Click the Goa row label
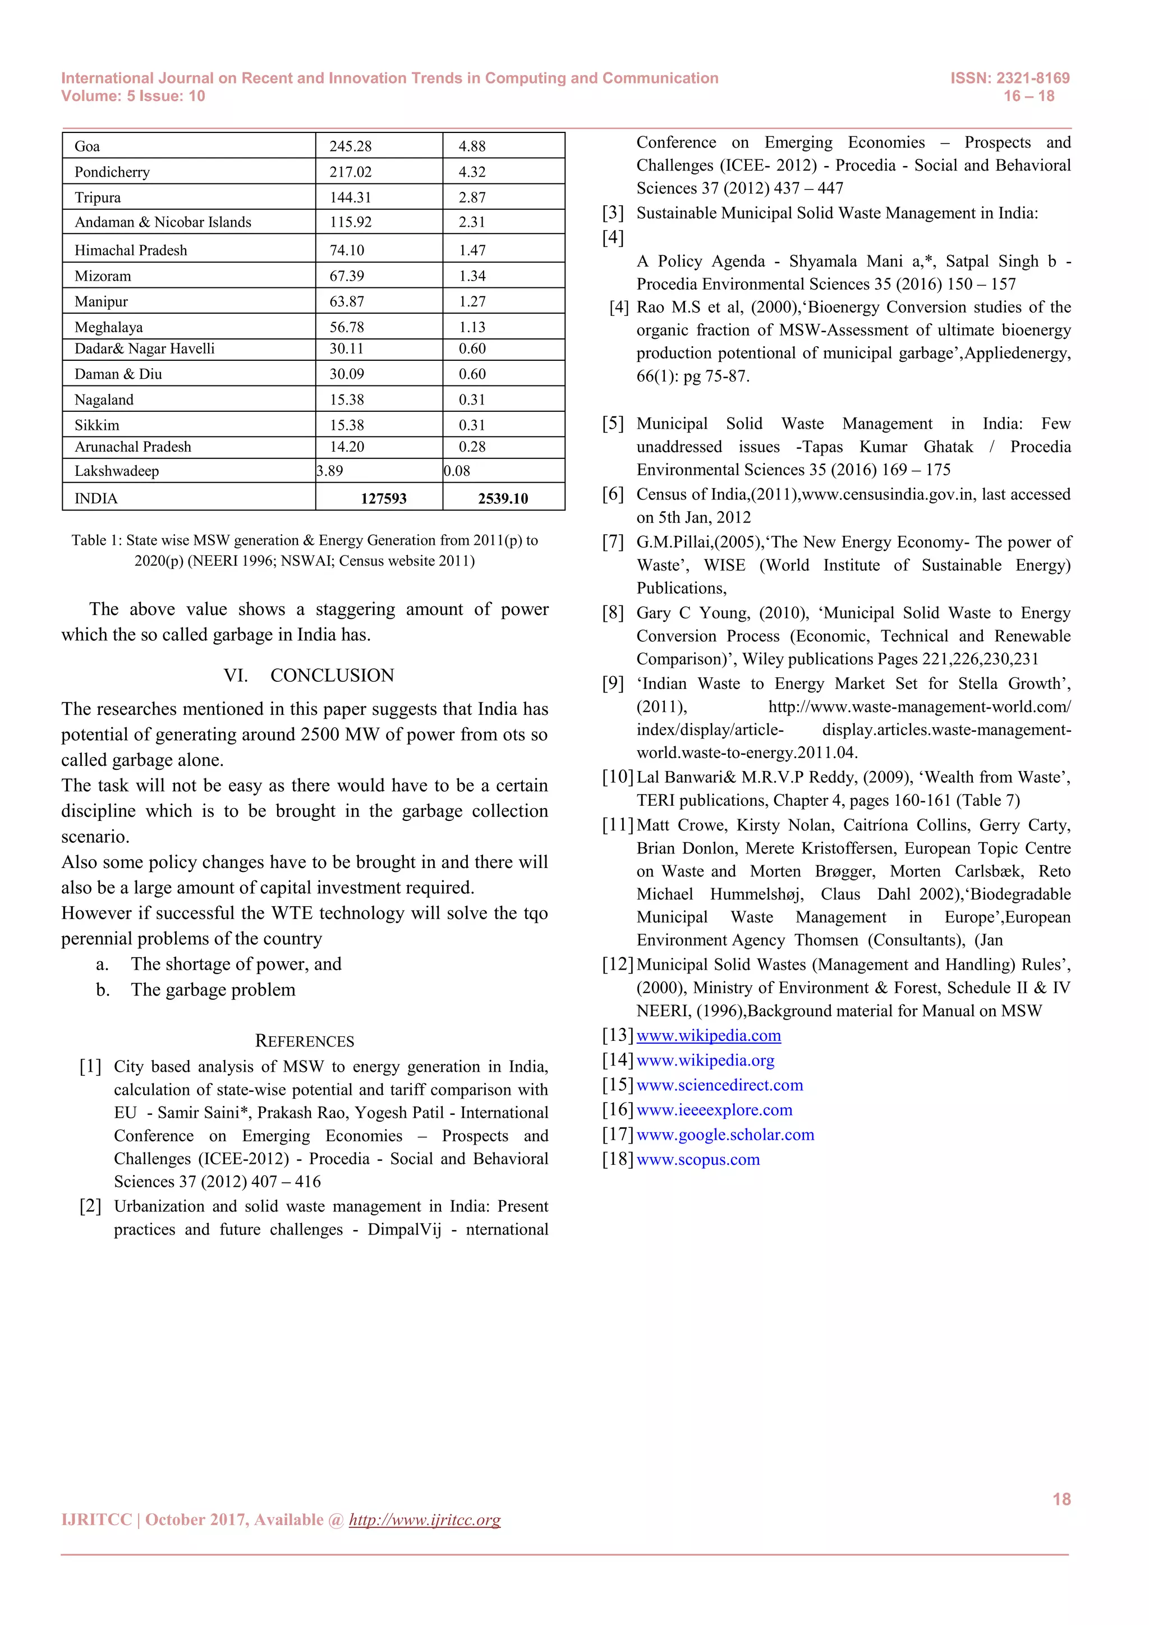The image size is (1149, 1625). [x=87, y=146]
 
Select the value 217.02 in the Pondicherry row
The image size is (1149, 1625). [x=350, y=172]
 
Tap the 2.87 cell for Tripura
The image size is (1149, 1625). [x=472, y=198]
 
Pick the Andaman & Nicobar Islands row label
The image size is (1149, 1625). [x=163, y=222]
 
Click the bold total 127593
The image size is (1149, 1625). [x=384, y=498]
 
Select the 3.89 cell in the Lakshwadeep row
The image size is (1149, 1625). [x=330, y=471]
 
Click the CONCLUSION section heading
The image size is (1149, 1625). [x=332, y=675]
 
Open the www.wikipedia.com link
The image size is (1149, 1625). [x=708, y=1035]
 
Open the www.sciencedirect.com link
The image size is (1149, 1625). [x=720, y=1085]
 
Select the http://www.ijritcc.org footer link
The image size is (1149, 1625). [x=425, y=1520]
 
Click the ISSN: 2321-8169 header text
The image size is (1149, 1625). [x=1010, y=78]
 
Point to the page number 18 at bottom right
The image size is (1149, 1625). [x=1061, y=1499]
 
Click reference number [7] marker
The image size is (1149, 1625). [x=613, y=542]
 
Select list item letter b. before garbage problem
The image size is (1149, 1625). [x=103, y=989]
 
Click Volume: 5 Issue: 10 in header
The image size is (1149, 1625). [x=133, y=97]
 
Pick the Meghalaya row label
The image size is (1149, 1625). [x=108, y=327]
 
